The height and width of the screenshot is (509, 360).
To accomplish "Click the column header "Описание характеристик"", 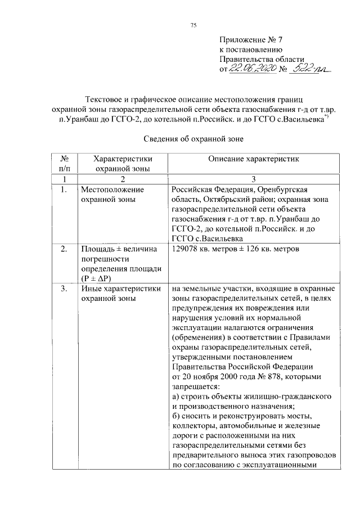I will (254, 159).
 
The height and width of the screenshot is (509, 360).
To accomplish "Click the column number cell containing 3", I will (254, 179).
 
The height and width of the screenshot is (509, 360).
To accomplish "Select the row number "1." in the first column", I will (64, 190).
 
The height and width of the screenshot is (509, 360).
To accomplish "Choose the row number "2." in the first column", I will (64, 249).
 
